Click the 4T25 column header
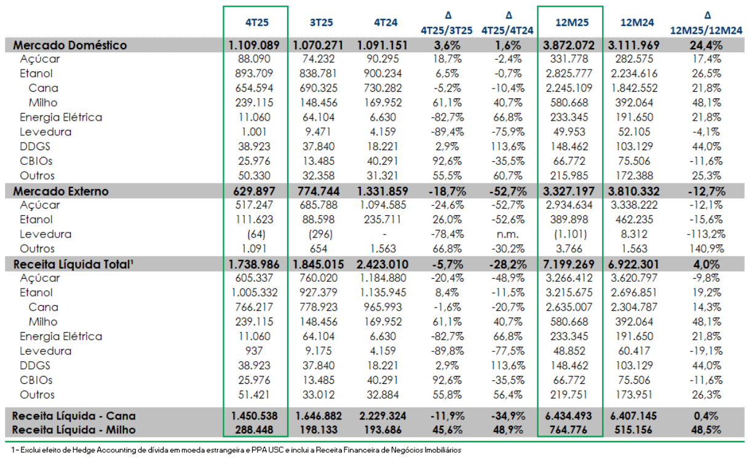coord(257,22)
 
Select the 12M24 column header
coord(637,22)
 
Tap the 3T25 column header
coord(321,22)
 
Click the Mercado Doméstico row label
coord(70,45)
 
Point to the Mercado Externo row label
coord(61,191)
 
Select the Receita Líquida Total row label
coord(73,265)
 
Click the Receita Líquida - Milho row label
coord(74,429)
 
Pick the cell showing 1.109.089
coord(254,45)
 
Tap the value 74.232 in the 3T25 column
coord(319,59)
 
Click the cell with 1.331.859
coord(382,191)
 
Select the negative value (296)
coord(320,234)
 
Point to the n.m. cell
coord(507,234)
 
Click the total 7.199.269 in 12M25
coord(569,265)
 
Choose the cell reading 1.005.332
coord(255,292)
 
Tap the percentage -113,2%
coord(706,234)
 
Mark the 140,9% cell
coord(706,249)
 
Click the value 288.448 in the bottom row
coord(254,429)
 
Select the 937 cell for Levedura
coord(254,351)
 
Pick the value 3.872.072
coord(569,45)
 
